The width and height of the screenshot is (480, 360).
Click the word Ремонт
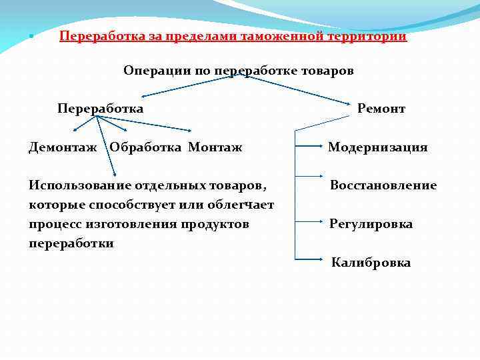point(381,109)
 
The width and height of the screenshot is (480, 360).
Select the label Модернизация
point(377,147)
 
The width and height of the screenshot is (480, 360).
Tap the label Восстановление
point(383,186)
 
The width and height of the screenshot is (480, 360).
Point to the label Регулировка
point(371,224)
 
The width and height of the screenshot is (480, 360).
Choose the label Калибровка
point(371,263)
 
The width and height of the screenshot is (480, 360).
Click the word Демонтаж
point(63,147)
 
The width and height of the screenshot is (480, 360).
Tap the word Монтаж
point(215,147)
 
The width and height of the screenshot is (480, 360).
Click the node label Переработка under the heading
point(100,109)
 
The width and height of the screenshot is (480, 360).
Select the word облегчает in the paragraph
point(241,205)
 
